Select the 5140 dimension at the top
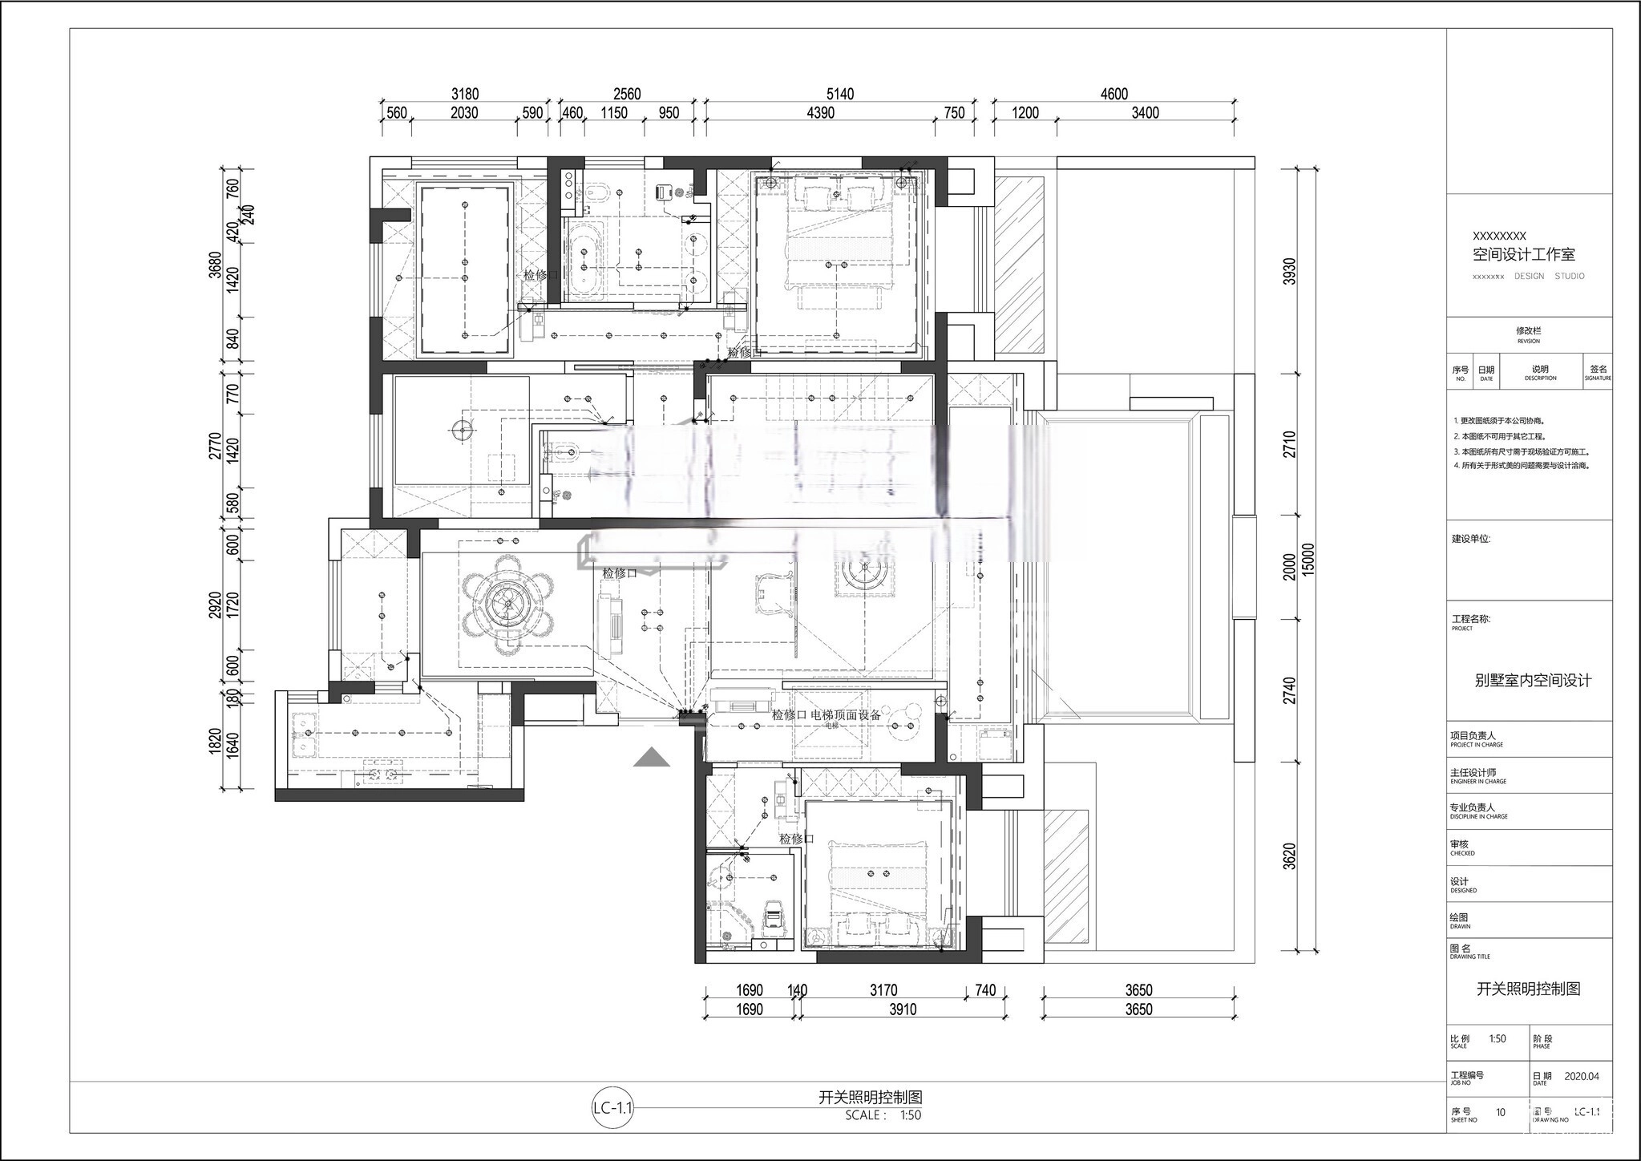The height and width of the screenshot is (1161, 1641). (x=839, y=94)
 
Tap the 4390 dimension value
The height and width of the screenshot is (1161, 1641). (x=820, y=113)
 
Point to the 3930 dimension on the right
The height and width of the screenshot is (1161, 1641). (x=1289, y=271)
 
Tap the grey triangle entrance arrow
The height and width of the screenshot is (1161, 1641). (x=651, y=758)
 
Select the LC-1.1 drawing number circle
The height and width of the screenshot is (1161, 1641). (x=613, y=1109)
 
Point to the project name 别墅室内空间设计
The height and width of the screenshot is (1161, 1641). (x=1533, y=680)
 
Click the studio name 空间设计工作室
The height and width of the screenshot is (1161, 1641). (x=1523, y=254)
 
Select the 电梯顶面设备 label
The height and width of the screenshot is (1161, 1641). (x=845, y=714)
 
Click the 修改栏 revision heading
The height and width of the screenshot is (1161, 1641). (x=1528, y=330)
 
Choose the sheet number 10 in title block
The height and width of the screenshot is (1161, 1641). (x=1501, y=1112)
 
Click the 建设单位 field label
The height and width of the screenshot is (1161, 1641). (x=1470, y=539)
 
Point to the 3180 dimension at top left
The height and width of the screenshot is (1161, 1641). (x=464, y=94)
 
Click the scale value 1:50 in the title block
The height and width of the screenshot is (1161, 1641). (x=1497, y=1038)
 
